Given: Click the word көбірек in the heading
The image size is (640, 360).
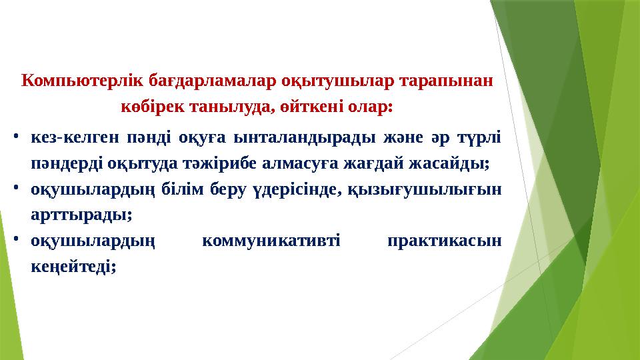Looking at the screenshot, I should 151,107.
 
